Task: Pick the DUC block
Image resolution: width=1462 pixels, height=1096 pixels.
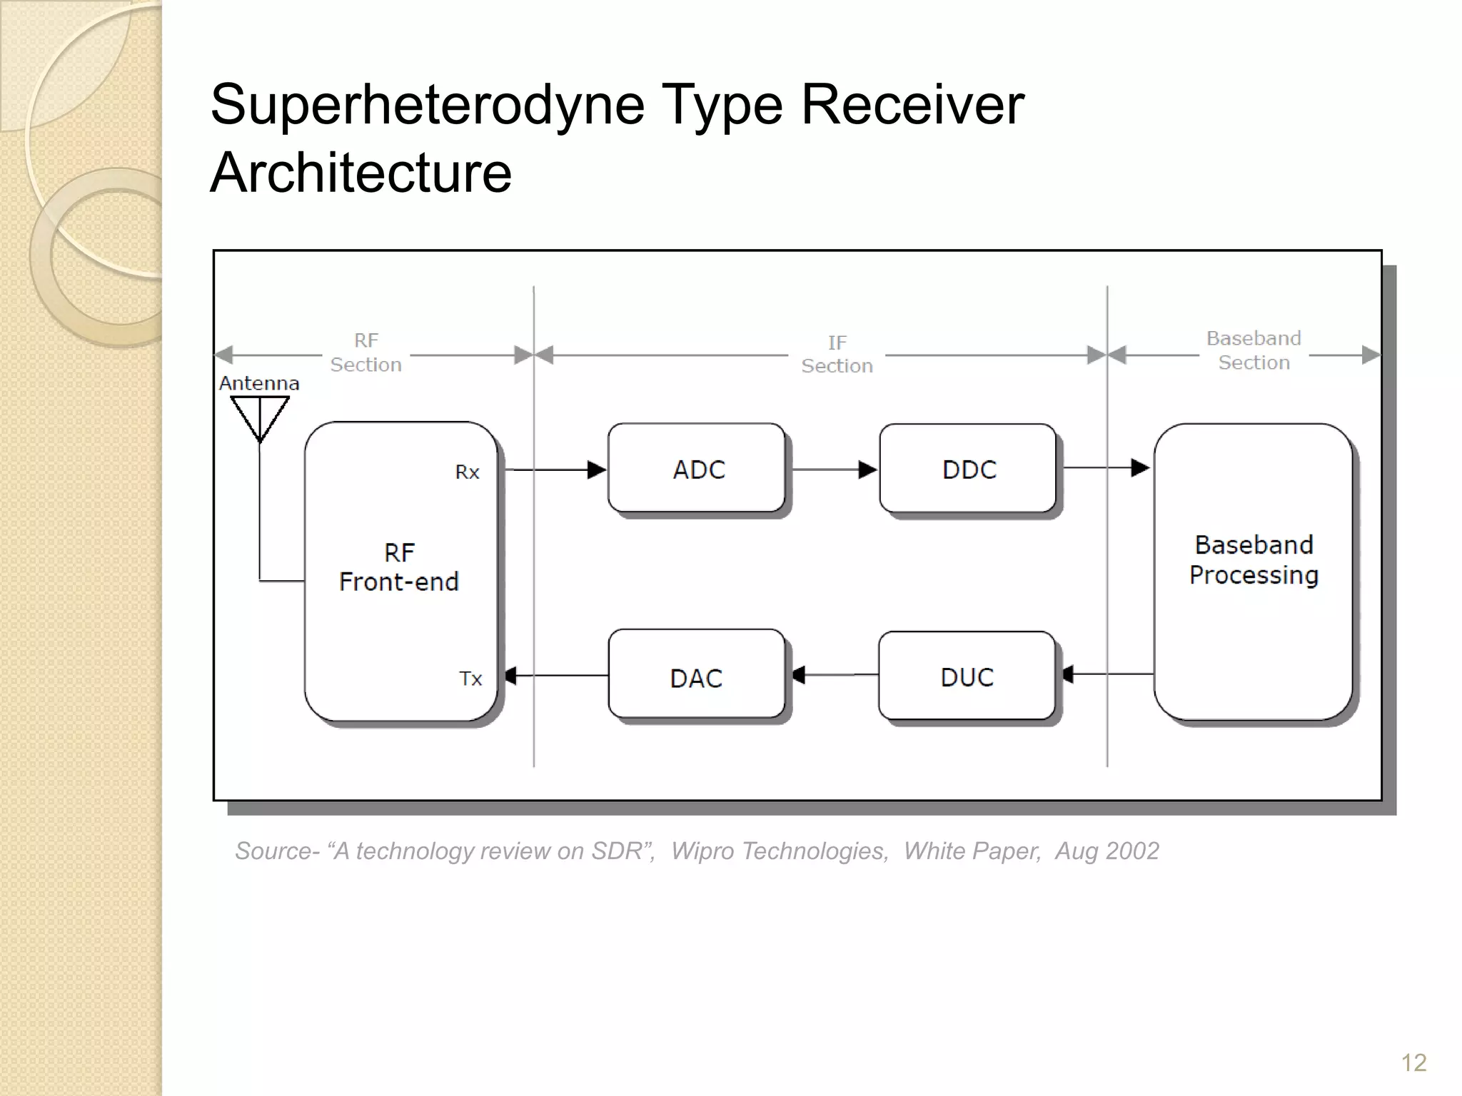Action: pos(967,676)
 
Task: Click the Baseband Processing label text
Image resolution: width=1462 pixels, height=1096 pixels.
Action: pos(1254,560)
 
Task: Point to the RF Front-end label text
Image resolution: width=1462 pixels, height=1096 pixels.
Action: pos(399,567)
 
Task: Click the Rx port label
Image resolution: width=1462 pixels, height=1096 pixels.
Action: pos(468,472)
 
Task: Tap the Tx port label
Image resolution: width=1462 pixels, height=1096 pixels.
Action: pos(470,679)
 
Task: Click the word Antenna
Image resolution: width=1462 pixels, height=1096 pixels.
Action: pos(259,383)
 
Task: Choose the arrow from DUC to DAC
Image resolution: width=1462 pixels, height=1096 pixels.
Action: pos(834,674)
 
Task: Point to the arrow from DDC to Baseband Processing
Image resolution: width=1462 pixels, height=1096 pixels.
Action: pos(1106,468)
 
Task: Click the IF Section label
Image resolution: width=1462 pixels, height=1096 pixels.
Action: pos(837,354)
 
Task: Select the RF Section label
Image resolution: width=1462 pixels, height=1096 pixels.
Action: pos(365,352)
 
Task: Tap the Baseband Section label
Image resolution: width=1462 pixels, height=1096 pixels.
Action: pos(1254,350)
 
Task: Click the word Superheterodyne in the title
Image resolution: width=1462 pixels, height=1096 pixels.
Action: pos(428,105)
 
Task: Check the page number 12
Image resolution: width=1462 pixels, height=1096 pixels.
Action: pos(1413,1062)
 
